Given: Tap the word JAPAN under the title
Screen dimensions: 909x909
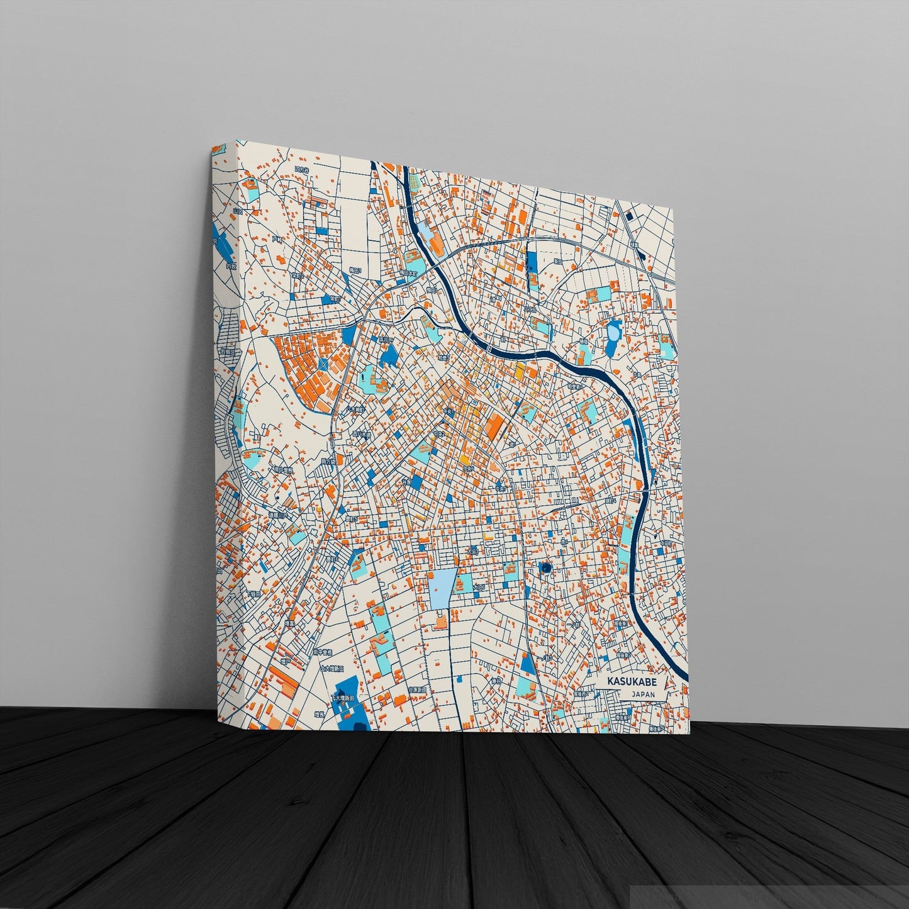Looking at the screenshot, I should click(x=635, y=694).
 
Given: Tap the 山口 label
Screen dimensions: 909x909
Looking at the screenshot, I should click(x=237, y=211).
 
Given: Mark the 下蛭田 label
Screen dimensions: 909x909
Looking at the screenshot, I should click(x=255, y=594).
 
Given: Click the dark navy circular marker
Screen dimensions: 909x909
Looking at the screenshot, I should click(x=545, y=568).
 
